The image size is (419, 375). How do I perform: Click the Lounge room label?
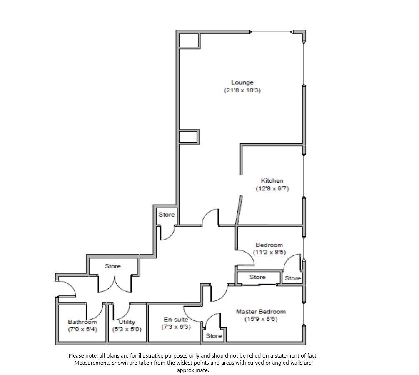click(242, 82)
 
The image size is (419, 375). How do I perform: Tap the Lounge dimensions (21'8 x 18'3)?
click(242, 90)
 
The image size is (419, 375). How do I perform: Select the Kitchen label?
click(272, 180)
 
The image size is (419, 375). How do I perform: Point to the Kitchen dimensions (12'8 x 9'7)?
click(272, 188)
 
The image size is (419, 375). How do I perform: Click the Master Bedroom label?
click(261, 312)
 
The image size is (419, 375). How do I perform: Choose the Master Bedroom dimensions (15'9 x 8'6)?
click(261, 319)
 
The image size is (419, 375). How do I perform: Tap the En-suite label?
click(176, 320)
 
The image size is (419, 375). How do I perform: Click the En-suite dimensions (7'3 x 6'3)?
click(176, 327)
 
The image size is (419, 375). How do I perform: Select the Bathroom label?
click(82, 322)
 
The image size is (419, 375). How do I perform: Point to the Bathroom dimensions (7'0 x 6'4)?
click(82, 329)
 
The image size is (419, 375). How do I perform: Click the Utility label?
click(127, 322)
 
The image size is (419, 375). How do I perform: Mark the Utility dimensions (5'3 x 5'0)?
click(127, 329)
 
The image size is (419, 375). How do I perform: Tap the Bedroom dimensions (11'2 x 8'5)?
click(269, 252)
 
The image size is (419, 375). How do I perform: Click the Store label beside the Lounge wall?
click(167, 215)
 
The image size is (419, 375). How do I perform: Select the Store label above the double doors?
click(112, 266)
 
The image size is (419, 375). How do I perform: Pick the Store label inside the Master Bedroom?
click(214, 336)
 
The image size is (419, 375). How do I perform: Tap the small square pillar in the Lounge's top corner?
click(188, 40)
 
